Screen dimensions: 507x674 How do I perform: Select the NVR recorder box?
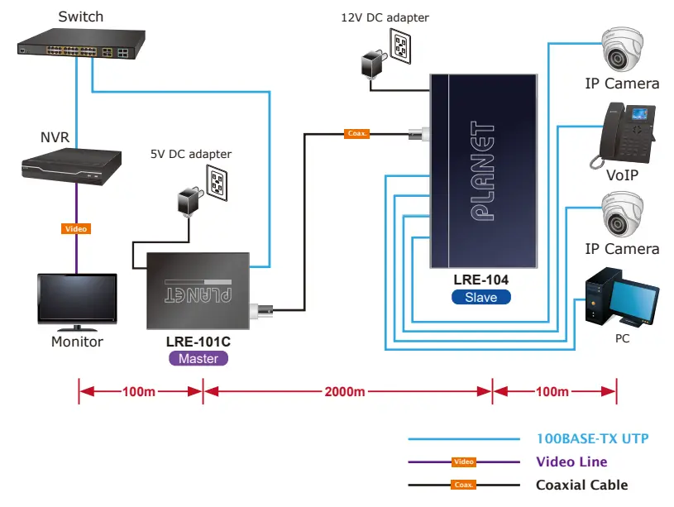[70, 165]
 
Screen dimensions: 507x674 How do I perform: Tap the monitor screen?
[77, 299]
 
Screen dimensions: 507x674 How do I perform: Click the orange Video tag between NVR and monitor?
[75, 228]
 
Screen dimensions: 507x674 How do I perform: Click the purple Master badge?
[198, 359]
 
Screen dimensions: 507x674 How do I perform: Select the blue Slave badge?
[480, 297]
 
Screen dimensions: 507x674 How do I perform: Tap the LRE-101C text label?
[198, 342]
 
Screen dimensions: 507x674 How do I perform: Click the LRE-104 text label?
[480, 280]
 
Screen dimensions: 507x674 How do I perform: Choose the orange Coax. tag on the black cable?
[356, 132]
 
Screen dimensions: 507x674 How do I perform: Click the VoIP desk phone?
[623, 135]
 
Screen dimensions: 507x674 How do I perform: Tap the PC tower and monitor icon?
[621, 299]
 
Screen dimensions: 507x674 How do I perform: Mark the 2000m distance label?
[346, 391]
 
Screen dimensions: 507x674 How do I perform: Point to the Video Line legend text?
[571, 462]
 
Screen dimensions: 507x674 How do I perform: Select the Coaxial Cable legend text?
[581, 485]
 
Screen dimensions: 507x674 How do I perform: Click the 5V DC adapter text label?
[191, 154]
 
